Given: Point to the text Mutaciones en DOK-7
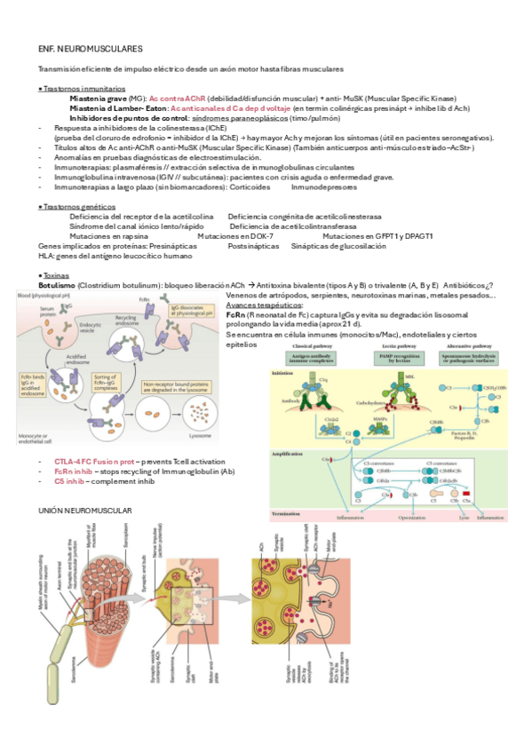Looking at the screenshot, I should coord(233,236).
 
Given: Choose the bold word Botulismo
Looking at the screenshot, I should coord(57,285).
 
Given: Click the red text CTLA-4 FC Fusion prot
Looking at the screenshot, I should coord(94,463).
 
